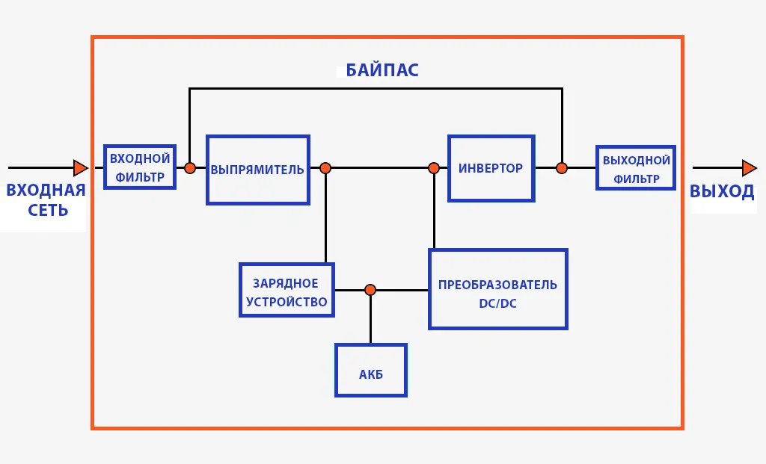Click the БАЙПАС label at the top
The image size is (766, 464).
382,71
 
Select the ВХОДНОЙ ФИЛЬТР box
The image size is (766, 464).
140,167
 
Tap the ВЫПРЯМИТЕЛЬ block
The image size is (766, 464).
257,170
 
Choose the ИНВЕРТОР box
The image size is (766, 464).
491,168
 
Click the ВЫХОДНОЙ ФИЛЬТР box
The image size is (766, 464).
636,168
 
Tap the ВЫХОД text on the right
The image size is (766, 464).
722,191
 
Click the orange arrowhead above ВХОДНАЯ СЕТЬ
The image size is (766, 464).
80,167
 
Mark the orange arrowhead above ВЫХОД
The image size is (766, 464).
749,167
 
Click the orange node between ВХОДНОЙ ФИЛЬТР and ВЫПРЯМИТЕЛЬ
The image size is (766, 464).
190,168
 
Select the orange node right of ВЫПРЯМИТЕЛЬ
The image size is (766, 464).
325,168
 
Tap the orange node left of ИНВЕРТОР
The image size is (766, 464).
434,168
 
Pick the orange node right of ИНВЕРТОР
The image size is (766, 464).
562,168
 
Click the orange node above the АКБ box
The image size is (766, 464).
370,290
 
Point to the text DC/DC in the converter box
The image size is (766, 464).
497,303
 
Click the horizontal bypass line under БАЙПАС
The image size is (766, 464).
374,89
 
